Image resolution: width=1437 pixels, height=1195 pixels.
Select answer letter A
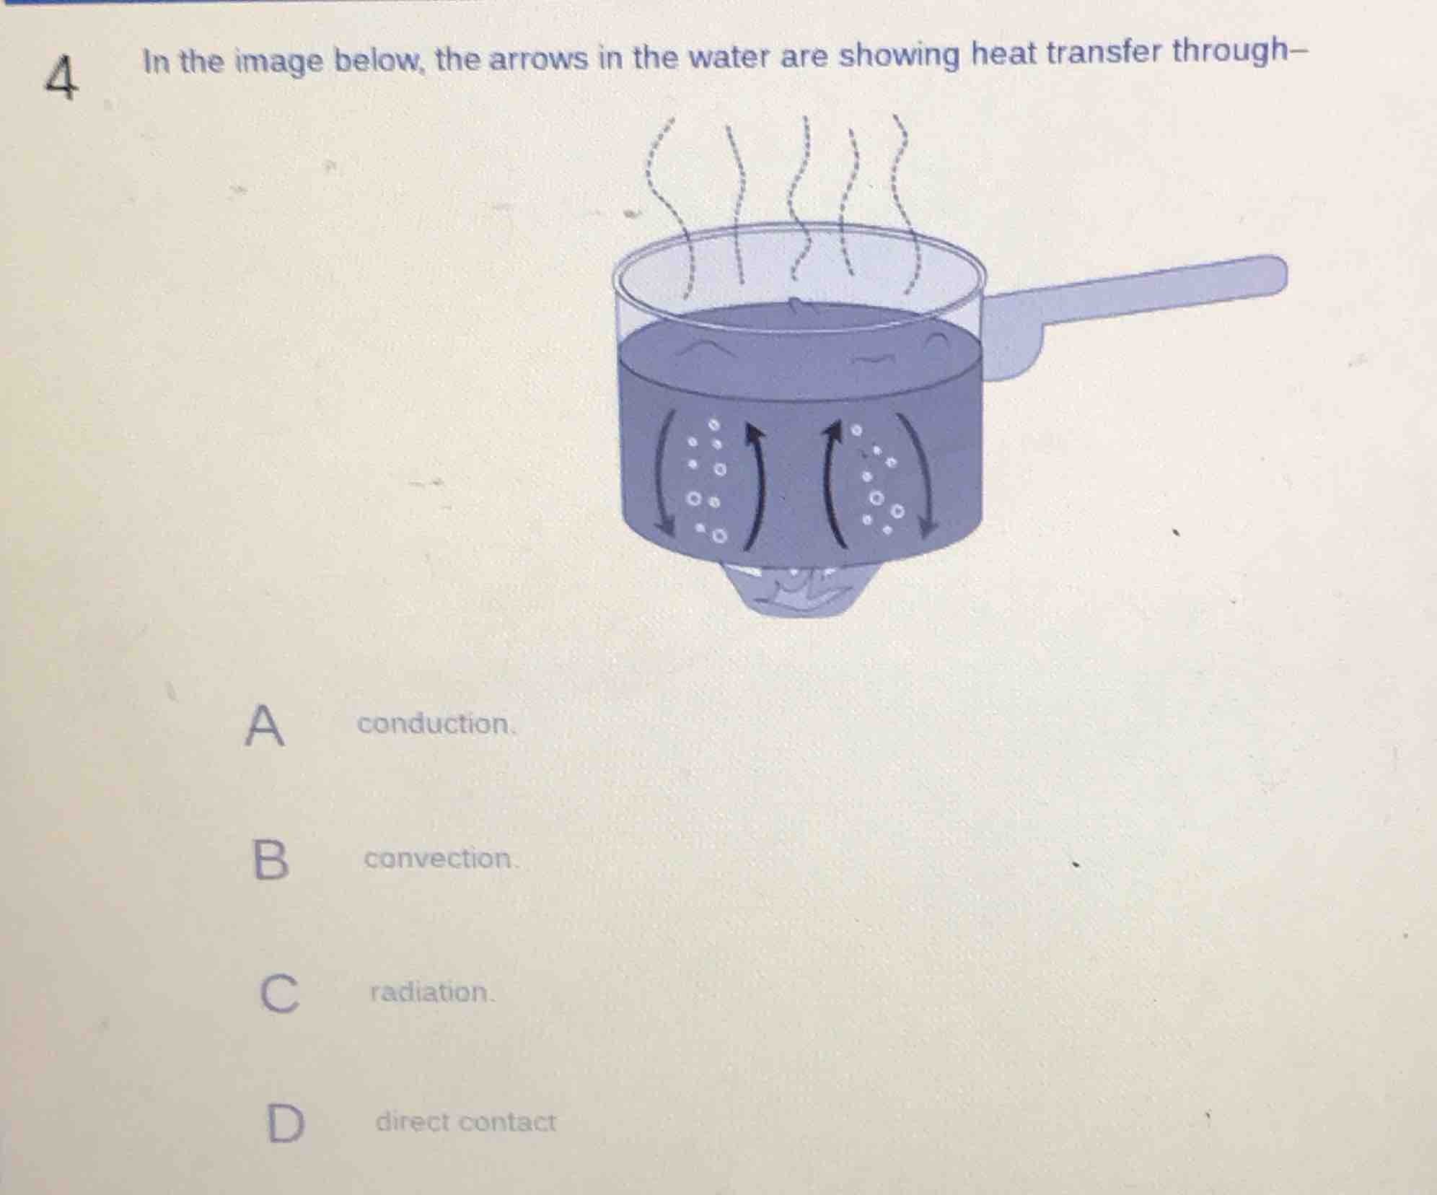[x=264, y=726]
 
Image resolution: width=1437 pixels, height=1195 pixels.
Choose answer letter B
[x=271, y=860]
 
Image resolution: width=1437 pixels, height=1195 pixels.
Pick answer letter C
[x=278, y=994]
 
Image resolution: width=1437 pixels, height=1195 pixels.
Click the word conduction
[x=435, y=724]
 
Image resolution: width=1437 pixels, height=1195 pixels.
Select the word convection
[x=439, y=859]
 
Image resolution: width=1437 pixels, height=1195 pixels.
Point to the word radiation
[x=431, y=992]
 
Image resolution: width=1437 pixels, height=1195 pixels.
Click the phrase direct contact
[x=465, y=1121]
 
